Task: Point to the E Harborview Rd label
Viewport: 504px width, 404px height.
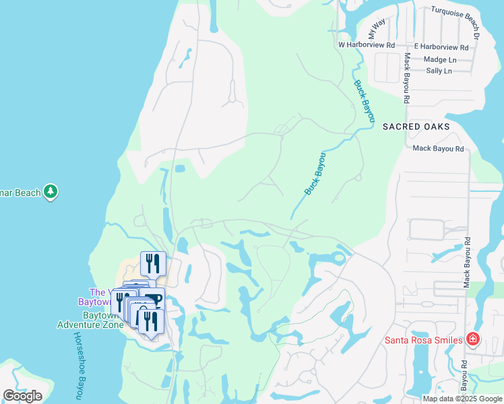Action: [441, 47]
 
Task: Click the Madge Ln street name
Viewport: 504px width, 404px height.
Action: [440, 59]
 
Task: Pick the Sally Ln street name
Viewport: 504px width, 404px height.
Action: [439, 71]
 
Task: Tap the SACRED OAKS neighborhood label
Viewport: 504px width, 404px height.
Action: [416, 127]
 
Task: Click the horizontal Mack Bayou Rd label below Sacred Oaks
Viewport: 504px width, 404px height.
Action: [439, 149]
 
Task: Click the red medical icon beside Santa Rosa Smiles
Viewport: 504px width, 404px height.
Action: [473, 339]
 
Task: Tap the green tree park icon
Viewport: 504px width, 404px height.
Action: [51, 193]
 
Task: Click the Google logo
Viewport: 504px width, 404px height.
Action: [22, 396]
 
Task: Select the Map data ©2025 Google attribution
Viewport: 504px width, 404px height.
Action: [462, 399]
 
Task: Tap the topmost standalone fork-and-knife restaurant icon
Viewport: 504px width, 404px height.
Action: [153, 264]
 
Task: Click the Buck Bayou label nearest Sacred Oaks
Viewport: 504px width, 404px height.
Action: [365, 101]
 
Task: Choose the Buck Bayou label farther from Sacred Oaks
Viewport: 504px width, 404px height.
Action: [315, 174]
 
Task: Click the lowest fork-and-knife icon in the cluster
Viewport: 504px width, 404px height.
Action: [151, 322]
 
